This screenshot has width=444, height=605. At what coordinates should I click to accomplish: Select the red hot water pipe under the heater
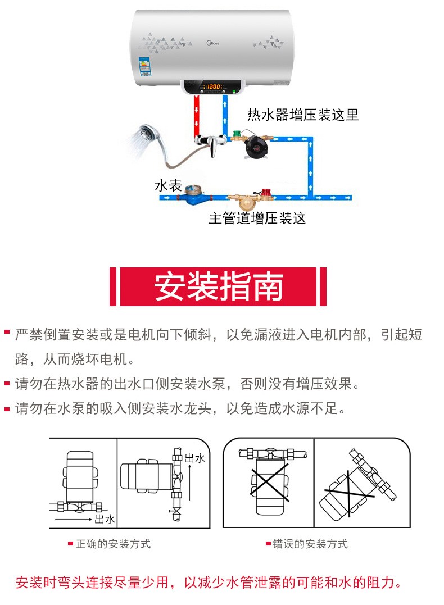(196, 115)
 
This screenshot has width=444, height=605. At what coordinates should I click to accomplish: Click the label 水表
(168, 185)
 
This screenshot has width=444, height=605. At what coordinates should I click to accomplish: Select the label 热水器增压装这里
(303, 115)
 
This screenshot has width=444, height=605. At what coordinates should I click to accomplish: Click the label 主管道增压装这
(257, 218)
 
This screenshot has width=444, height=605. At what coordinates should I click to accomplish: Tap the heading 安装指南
(219, 287)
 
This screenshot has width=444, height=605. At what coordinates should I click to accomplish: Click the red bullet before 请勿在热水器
(7, 384)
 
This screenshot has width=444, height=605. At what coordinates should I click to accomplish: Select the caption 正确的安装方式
(113, 544)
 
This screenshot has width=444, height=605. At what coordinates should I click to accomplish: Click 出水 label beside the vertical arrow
(195, 459)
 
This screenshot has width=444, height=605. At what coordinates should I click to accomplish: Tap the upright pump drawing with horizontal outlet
(82, 481)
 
